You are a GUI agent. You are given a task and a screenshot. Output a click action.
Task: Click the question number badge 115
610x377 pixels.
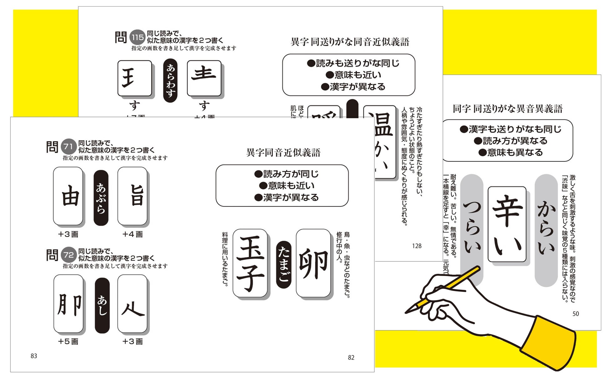pyautogui.click(x=137, y=38)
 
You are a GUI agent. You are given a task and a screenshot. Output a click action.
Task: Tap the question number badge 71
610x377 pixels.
pyautogui.click(x=68, y=146)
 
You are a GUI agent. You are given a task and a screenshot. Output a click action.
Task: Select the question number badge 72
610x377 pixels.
pyautogui.click(x=68, y=255)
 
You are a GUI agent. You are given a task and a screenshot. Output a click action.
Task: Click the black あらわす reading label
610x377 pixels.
pyautogui.click(x=170, y=80)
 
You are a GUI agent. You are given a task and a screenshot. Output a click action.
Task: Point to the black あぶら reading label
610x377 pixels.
pyautogui.click(x=101, y=198)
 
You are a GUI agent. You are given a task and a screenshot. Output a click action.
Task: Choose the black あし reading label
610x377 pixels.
pyautogui.click(x=102, y=305)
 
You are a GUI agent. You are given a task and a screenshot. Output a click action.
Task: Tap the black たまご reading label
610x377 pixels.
pyautogui.click(x=284, y=264)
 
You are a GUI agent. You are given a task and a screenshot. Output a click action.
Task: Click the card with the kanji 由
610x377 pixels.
pyautogui.click(x=68, y=196)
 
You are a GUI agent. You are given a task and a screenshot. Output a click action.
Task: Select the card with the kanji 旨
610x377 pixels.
pyautogui.click(x=133, y=196)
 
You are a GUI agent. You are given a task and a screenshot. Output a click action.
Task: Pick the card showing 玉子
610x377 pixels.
pyautogui.click(x=250, y=263)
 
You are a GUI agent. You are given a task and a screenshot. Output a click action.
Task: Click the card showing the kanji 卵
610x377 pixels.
pyautogui.click(x=313, y=263)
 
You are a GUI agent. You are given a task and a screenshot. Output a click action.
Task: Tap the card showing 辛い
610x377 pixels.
pyautogui.click(x=507, y=224)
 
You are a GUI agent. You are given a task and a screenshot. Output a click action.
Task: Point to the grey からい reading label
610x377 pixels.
pyautogui.click(x=546, y=230)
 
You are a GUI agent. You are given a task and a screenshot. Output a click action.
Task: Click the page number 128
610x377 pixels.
pyautogui.click(x=417, y=246)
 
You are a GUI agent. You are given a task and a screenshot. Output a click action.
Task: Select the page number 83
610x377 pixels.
pyautogui.click(x=34, y=356)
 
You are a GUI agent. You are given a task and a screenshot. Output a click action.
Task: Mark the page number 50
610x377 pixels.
pyautogui.click(x=576, y=314)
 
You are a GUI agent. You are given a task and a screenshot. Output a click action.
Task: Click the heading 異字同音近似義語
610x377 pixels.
pyautogui.click(x=283, y=153)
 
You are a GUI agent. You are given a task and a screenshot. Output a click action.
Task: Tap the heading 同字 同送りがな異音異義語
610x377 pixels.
pyautogui.click(x=508, y=109)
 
